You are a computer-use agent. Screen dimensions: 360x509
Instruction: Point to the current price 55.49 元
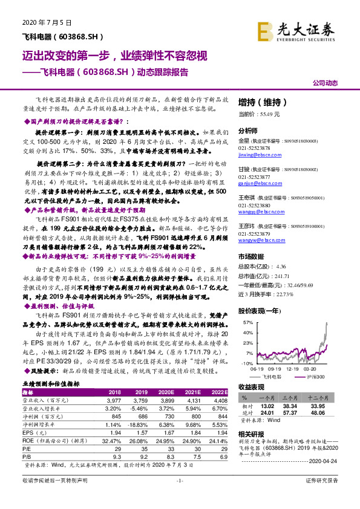[260, 114]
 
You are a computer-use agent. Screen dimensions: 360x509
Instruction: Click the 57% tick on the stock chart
[247, 323]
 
